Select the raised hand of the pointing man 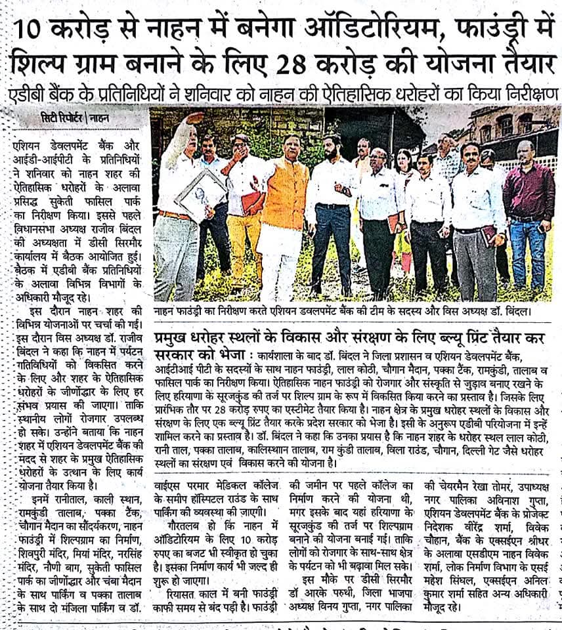195,119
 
